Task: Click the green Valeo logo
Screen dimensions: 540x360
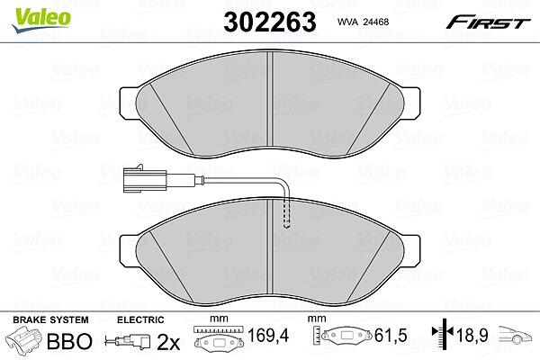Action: [x=41, y=20]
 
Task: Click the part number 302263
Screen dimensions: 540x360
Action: [x=270, y=22]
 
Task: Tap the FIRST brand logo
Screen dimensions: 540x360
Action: [x=488, y=22]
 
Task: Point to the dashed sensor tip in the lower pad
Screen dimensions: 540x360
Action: [x=286, y=213]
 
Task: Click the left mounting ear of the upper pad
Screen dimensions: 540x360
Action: [x=128, y=103]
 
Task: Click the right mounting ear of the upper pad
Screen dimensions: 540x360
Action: [x=411, y=103]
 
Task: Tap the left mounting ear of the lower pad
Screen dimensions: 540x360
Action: [x=128, y=251]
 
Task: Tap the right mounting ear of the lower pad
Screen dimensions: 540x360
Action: [x=411, y=251]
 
